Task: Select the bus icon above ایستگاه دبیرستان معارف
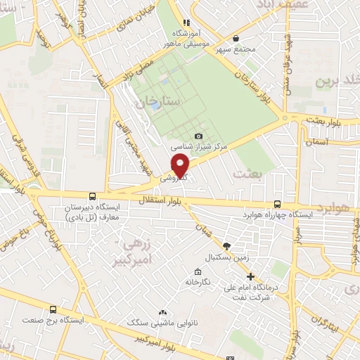point(93,196)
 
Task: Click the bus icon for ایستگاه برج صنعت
point(53,309)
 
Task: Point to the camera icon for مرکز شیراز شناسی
point(199,136)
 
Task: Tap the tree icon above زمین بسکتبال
point(226,245)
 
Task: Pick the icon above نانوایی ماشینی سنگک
point(163,312)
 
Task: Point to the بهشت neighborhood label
point(250,173)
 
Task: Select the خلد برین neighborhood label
point(336,79)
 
